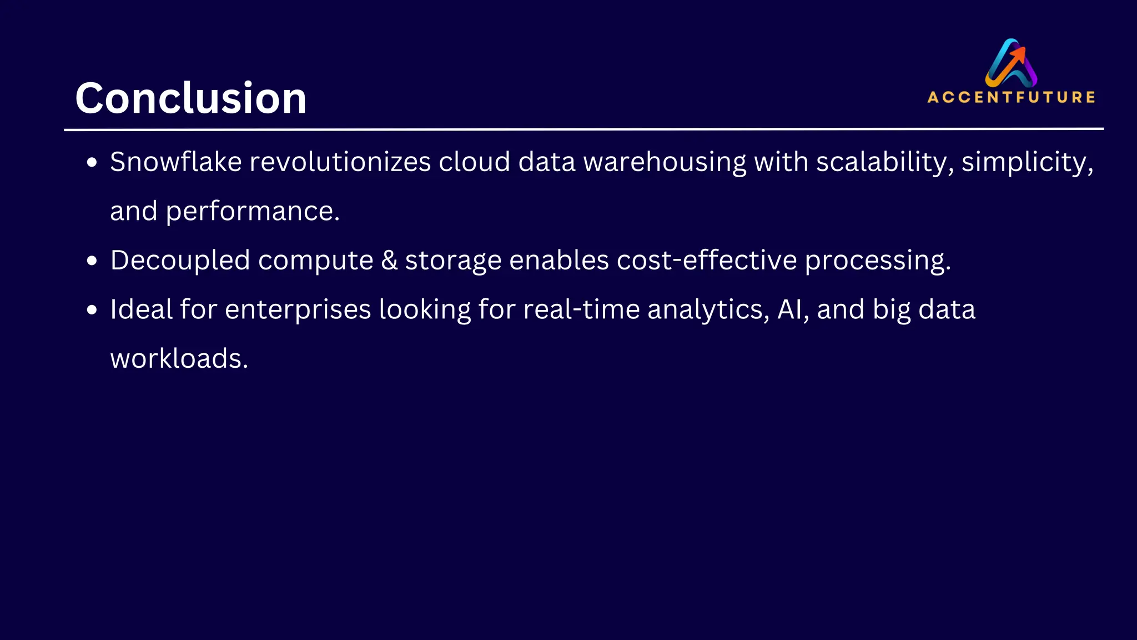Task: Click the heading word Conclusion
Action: [190, 98]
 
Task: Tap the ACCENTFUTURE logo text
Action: [1011, 97]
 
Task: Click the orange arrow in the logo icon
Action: [1017, 56]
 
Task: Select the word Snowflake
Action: [175, 162]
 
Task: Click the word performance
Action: [252, 212]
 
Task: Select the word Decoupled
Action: [180, 260]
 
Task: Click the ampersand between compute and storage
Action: [389, 260]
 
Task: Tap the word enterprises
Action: [298, 310]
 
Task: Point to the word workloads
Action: [179, 358]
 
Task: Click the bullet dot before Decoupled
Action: [92, 261]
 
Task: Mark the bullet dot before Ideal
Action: [92, 309]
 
